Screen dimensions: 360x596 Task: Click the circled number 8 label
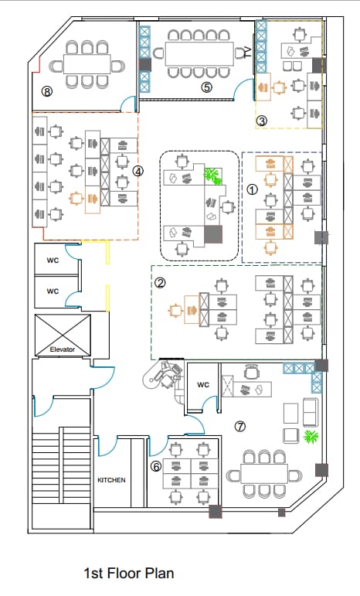point(46,91)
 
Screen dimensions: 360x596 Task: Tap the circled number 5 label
point(206,87)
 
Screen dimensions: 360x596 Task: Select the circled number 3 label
point(262,121)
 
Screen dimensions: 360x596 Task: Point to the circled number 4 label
point(138,172)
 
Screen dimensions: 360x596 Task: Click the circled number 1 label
point(253,189)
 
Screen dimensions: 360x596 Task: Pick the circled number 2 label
point(160,282)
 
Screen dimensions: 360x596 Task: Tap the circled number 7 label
point(240,427)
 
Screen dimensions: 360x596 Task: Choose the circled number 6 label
point(156,466)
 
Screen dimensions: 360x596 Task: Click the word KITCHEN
point(111,480)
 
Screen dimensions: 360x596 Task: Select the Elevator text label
point(63,349)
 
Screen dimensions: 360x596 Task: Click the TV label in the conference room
point(248,52)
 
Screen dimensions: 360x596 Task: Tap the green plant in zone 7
point(311,437)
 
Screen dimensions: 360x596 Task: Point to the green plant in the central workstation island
point(212,176)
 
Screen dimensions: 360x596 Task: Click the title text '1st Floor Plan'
point(129,573)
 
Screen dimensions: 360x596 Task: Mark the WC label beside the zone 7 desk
point(203,385)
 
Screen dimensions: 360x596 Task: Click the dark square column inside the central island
point(213,234)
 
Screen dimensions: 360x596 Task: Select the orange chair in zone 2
point(176,311)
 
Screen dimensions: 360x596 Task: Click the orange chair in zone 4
point(76,199)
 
